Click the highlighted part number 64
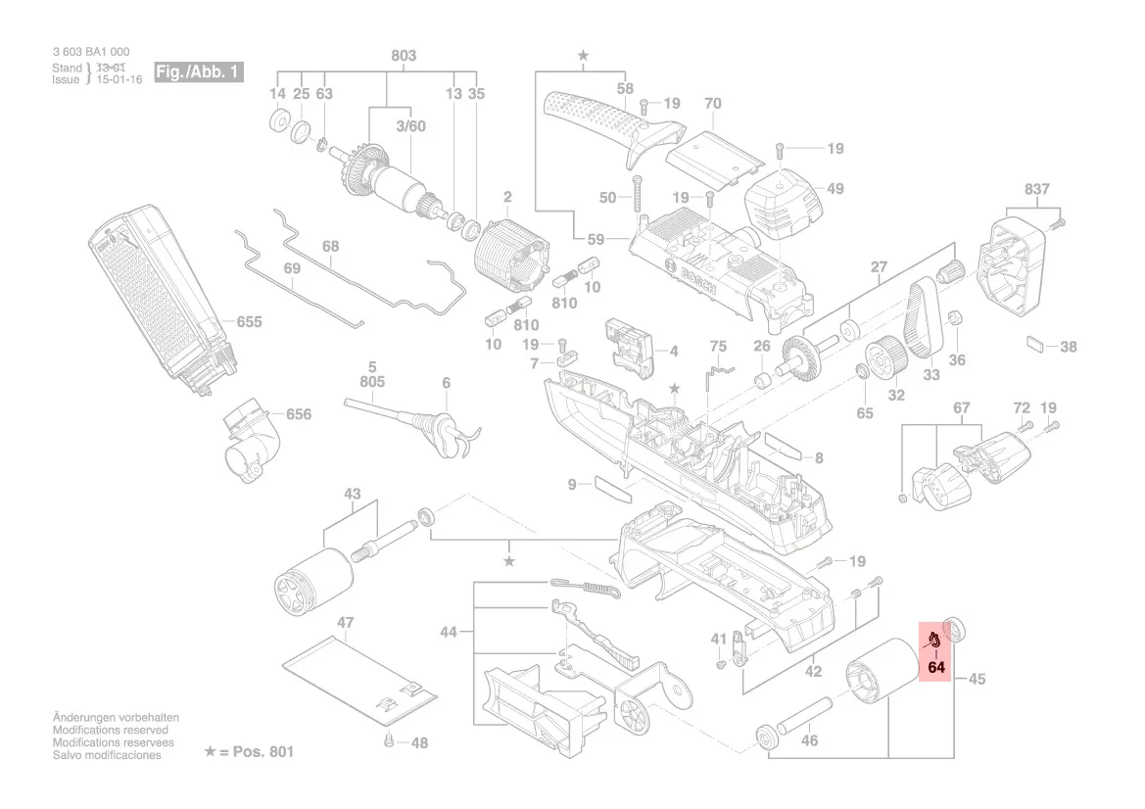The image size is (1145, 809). point(935,668)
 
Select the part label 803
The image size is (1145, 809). point(404,56)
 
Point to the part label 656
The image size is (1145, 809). point(298,414)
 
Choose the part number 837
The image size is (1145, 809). point(1036,189)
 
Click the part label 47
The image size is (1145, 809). point(345,623)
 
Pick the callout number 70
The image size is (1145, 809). point(712,103)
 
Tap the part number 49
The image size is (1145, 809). point(835,189)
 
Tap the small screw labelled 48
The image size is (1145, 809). point(390,740)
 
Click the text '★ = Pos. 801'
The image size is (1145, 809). point(248,752)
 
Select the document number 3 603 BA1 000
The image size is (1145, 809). point(90,52)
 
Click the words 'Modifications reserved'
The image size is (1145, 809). point(110,731)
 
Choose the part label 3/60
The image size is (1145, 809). point(410,126)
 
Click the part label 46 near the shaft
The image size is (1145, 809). point(809,740)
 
